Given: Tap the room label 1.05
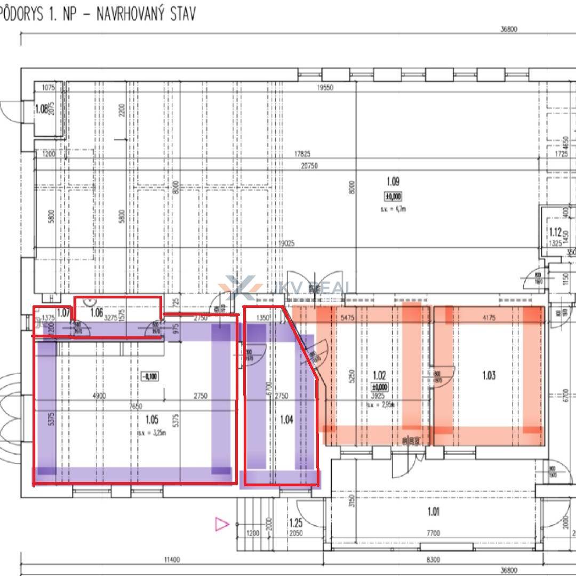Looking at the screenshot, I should pyautogui.click(x=151, y=420).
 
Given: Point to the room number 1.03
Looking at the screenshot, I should pyautogui.click(x=489, y=375).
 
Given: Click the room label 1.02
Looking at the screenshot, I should pyautogui.click(x=379, y=375).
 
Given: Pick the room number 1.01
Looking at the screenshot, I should pyautogui.click(x=433, y=512).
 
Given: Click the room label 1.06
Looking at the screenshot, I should pyautogui.click(x=96, y=313).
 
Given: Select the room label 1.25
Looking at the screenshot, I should pyautogui.click(x=296, y=523).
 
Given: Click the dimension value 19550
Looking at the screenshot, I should pyautogui.click(x=324, y=88).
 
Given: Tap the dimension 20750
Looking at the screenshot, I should pyautogui.click(x=309, y=165).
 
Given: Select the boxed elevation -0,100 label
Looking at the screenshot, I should pyautogui.click(x=149, y=376).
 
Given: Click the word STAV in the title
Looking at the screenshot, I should pyautogui.click(x=178, y=13).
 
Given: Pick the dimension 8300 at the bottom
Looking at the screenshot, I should pyautogui.click(x=433, y=559).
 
